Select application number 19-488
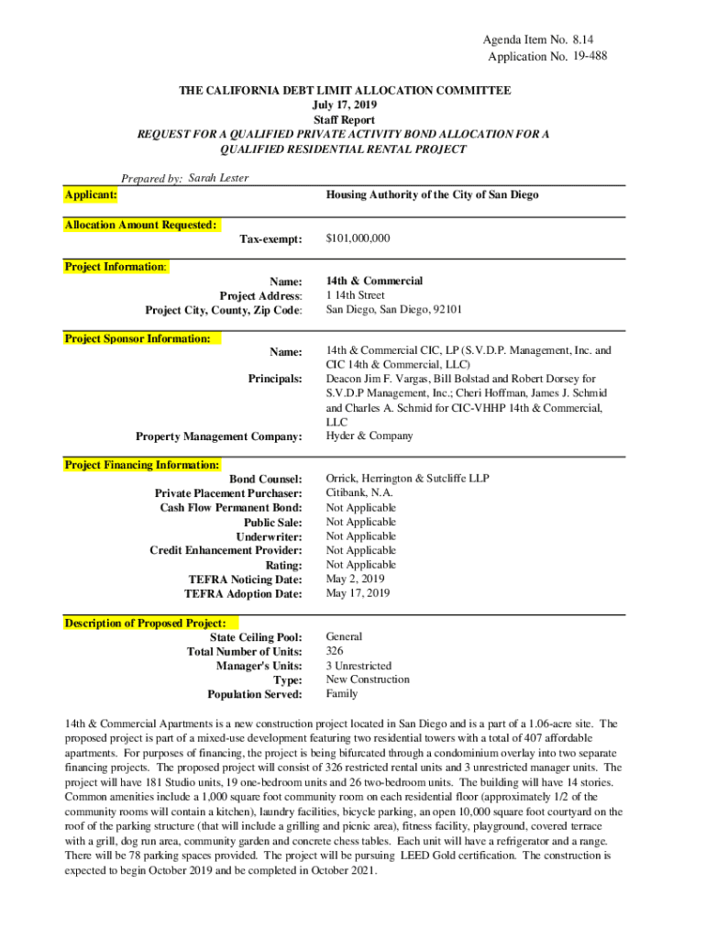(x=588, y=56)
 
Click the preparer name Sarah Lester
(x=218, y=178)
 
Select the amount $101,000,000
(x=359, y=238)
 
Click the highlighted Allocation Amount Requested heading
(x=141, y=225)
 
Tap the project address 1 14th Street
(x=356, y=295)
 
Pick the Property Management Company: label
(x=218, y=436)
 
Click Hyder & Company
(x=370, y=436)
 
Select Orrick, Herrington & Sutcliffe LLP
(x=408, y=479)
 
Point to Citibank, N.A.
(x=359, y=492)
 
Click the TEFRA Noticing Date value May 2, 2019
(x=356, y=579)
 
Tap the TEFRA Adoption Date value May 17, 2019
(x=359, y=593)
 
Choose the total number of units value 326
(x=336, y=651)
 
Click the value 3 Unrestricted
(x=359, y=666)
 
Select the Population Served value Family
(x=342, y=694)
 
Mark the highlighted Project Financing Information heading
(x=141, y=465)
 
